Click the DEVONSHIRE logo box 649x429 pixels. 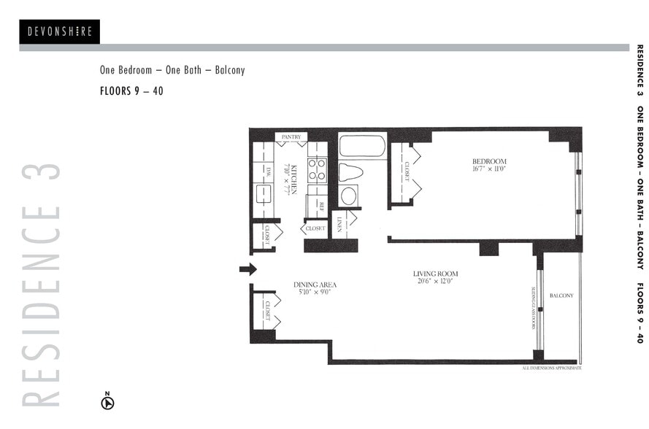pyautogui.click(x=59, y=31)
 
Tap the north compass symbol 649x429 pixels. pyautogui.click(x=107, y=402)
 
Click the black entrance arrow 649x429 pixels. pyautogui.click(x=247, y=269)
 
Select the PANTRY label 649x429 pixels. pyautogui.click(x=291, y=136)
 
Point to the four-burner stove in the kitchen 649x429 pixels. pyautogui.click(x=317, y=170)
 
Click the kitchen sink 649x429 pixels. pyautogui.click(x=263, y=193)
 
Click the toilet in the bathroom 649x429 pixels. pyautogui.click(x=351, y=173)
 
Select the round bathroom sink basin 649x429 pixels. pyautogui.click(x=350, y=196)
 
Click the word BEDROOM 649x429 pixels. pyautogui.click(x=489, y=161)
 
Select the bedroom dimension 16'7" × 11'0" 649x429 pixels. pyautogui.click(x=489, y=169)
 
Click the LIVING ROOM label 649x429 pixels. pyautogui.click(x=435, y=274)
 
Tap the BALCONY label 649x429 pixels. pyautogui.click(x=561, y=295)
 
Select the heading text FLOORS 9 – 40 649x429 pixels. pyautogui.click(x=131, y=92)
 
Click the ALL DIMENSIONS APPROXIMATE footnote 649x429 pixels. pyautogui.click(x=551, y=368)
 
